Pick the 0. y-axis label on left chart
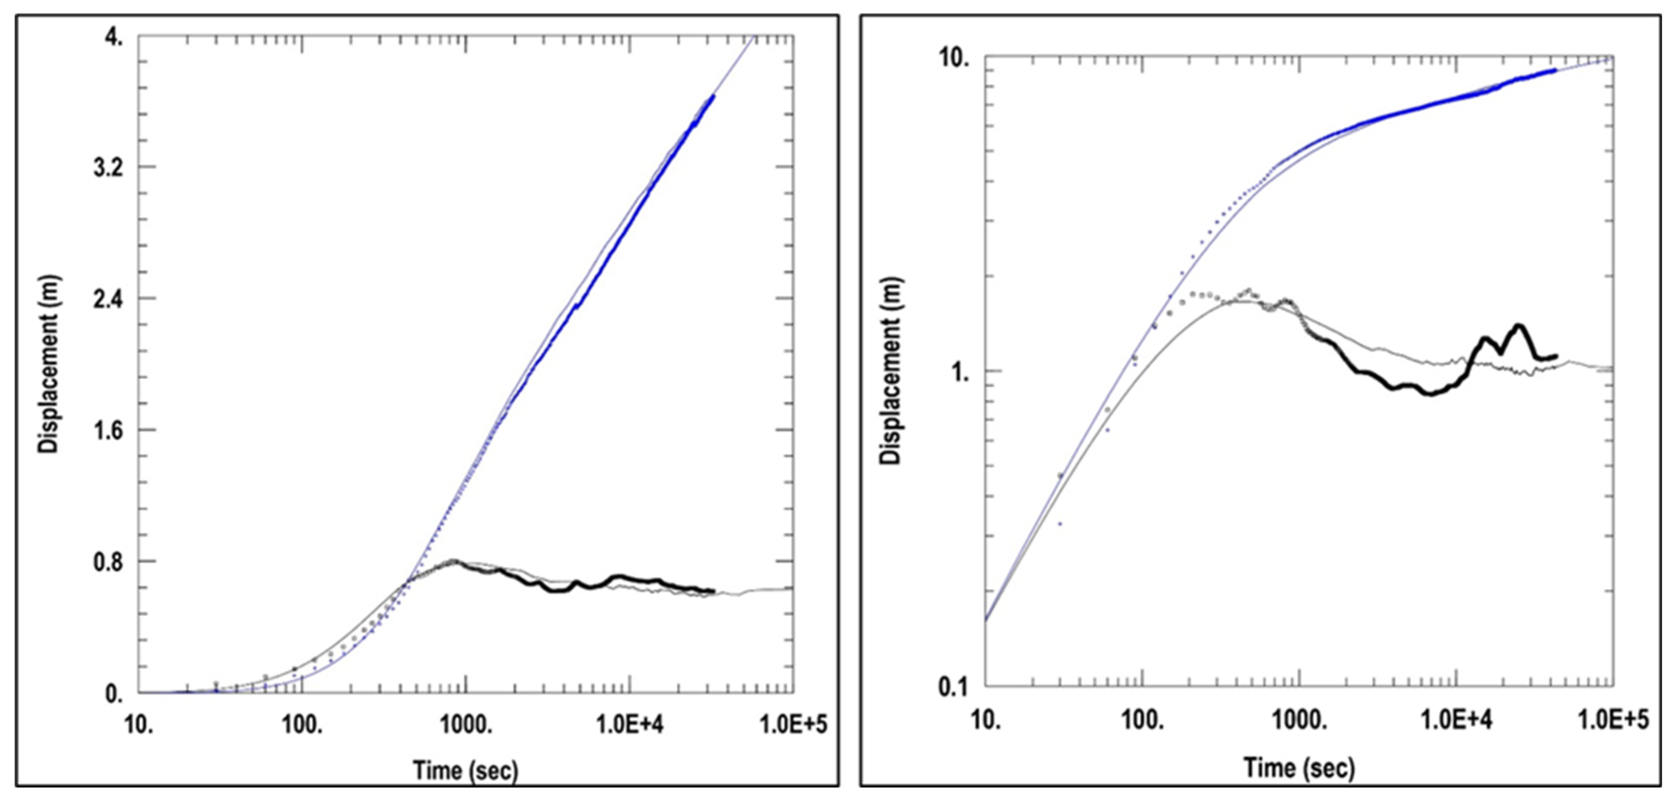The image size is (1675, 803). click(114, 694)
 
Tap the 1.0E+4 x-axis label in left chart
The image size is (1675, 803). click(630, 724)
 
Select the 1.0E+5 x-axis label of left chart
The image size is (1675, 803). click(793, 724)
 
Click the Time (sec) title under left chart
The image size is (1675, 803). click(466, 771)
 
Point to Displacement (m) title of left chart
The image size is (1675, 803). click(49, 364)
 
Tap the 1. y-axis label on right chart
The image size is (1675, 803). click(960, 373)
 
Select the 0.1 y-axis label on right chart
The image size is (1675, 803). click(953, 687)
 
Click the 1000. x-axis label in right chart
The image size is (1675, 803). click(1299, 720)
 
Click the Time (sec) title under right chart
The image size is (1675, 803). click(1299, 768)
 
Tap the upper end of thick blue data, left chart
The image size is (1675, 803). click(713, 96)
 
